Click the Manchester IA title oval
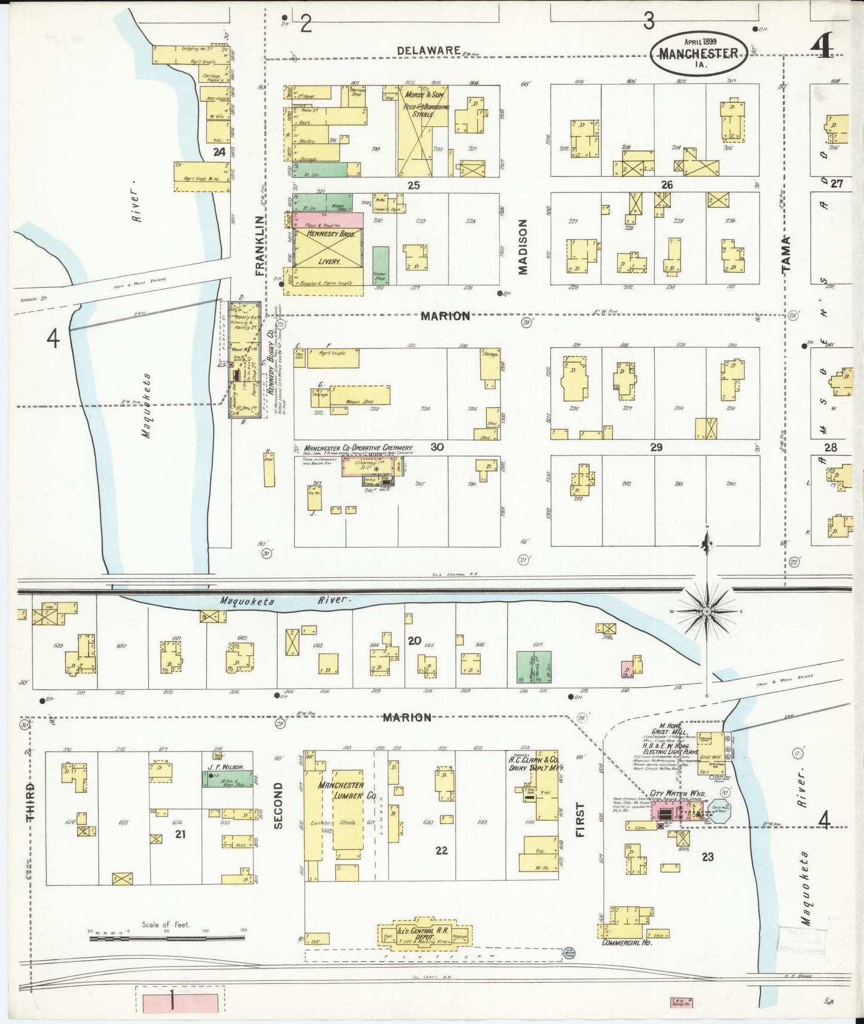(x=698, y=52)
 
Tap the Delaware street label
(x=429, y=51)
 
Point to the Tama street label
(x=786, y=253)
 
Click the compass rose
(x=707, y=612)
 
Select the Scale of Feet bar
(x=167, y=938)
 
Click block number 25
(x=414, y=185)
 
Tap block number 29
(x=657, y=447)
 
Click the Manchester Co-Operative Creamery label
(x=358, y=447)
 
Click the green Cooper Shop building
(x=380, y=265)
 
